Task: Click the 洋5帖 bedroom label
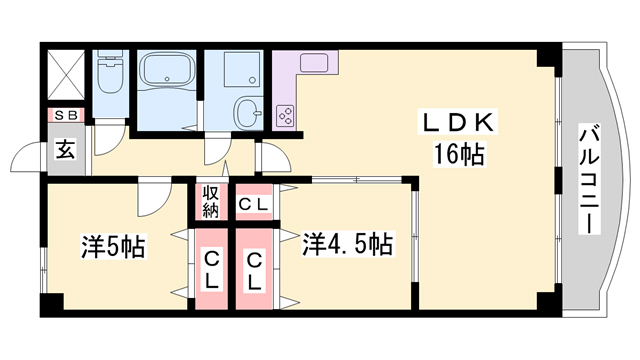pos(113,246)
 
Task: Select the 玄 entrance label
pos(64,152)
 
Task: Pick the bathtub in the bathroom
pos(166,72)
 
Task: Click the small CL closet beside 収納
pos(252,205)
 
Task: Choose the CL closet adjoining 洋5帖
pos(212,271)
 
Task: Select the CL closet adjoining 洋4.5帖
pos(255,271)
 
